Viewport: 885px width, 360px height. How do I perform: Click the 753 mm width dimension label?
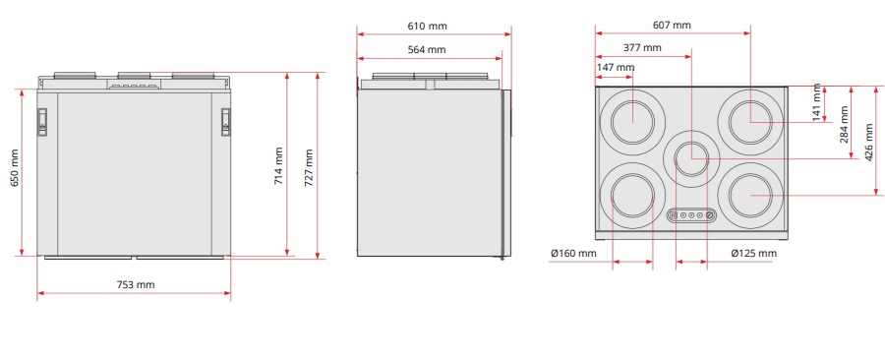click(136, 284)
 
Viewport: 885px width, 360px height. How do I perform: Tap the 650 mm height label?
click(15, 167)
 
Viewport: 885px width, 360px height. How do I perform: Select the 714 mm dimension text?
click(279, 166)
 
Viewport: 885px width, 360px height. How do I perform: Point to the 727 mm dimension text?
click(308, 168)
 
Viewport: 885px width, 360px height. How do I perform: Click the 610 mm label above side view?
click(428, 26)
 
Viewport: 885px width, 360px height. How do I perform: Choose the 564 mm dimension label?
click(427, 49)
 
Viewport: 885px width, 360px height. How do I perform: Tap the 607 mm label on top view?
click(672, 25)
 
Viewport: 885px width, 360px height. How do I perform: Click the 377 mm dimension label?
click(642, 47)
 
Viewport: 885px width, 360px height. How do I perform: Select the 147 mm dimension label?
click(616, 68)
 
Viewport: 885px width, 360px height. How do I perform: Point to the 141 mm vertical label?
click(817, 102)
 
